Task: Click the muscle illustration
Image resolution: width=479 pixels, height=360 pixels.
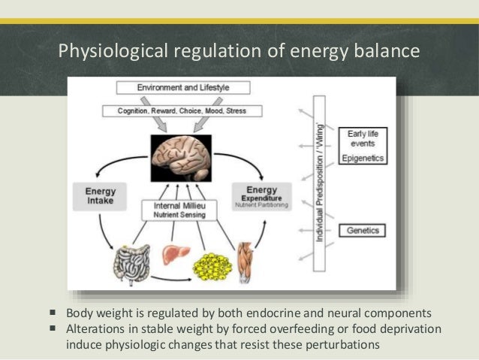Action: [248, 260]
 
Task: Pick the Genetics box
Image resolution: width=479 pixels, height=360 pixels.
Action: [363, 231]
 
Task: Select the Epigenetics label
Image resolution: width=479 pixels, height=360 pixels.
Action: [363, 159]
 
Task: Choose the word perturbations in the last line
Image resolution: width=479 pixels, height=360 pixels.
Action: [339, 345]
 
